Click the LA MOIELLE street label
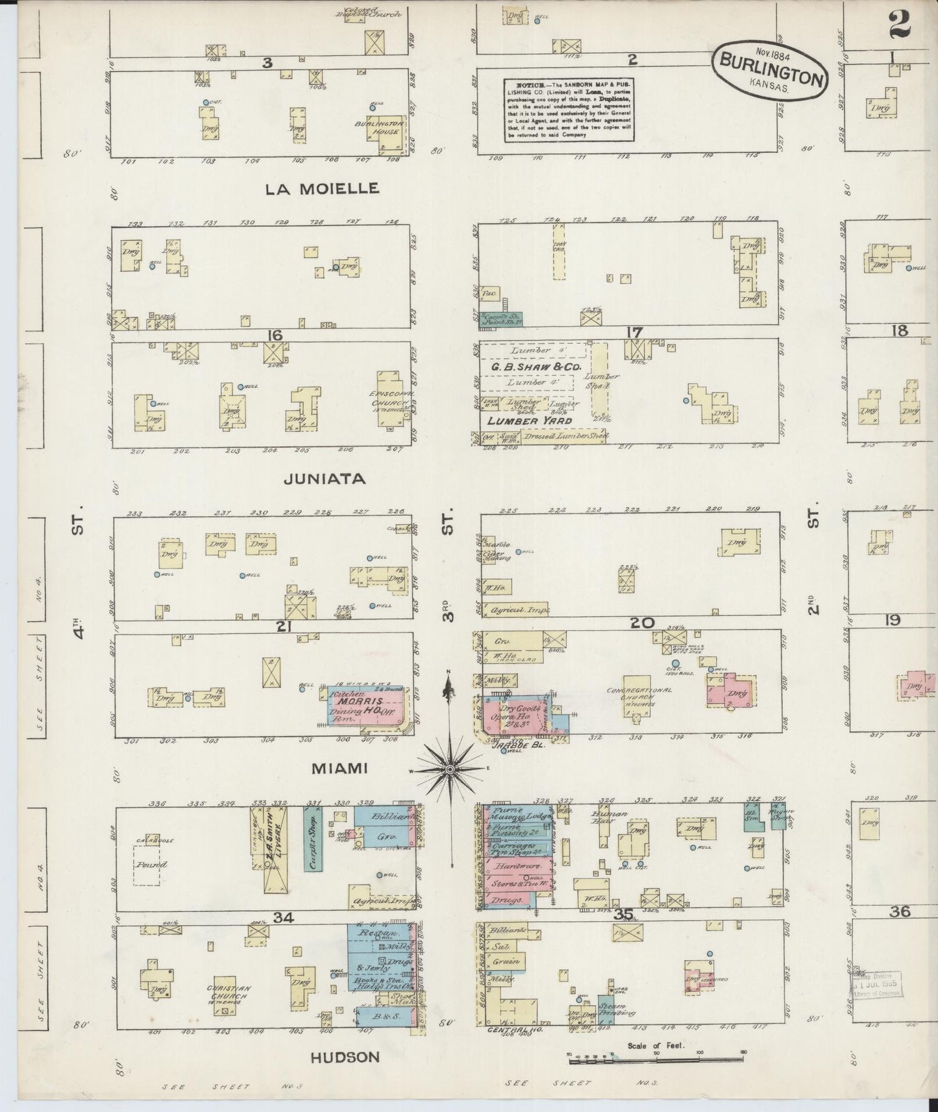(321, 189)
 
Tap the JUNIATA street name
(325, 479)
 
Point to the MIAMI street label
(339, 768)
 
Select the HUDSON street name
(345, 1057)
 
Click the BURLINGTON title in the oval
(770, 67)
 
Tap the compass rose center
(449, 769)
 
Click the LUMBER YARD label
(526, 421)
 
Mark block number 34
(284, 917)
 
